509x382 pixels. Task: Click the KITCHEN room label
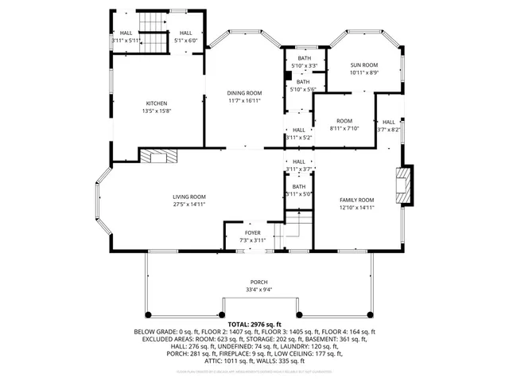coord(157,103)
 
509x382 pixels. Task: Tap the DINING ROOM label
coord(245,93)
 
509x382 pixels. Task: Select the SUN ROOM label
coord(364,64)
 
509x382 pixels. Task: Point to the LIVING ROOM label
coord(189,197)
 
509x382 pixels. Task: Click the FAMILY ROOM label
coord(356,200)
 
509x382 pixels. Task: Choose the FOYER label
coord(252,232)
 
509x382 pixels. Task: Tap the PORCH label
coord(258,283)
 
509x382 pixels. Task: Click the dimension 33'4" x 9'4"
coord(258,290)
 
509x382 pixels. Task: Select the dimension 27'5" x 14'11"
coord(189,205)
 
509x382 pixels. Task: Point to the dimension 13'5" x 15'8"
coord(157,111)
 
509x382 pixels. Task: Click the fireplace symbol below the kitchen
coord(159,156)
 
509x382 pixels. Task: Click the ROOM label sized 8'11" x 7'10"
coord(344,120)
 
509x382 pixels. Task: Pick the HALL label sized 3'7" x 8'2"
coord(389,122)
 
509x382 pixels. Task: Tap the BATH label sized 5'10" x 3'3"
coord(305,58)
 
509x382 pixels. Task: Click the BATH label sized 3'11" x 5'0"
coord(299,186)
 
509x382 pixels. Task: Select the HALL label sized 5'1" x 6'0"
coord(185,33)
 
